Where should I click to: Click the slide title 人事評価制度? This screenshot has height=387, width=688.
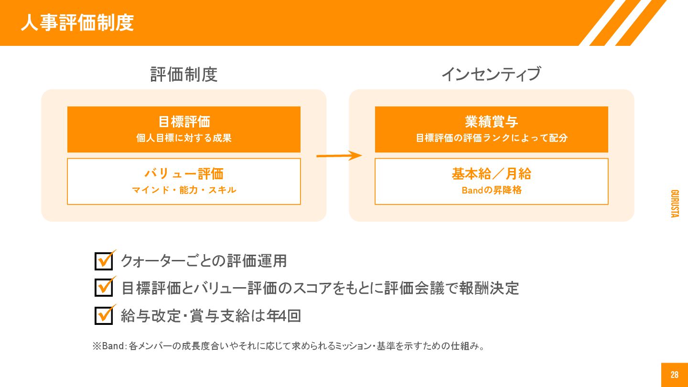(77, 23)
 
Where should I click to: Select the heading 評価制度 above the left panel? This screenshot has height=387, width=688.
(184, 75)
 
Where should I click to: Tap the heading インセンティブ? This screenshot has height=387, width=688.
(491, 75)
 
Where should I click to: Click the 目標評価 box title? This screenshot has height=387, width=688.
(184, 122)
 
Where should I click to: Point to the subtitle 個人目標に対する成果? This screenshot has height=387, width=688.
(184, 138)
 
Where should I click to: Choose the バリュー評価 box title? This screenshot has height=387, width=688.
(184, 173)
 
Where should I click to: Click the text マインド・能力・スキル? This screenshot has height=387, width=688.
(184, 190)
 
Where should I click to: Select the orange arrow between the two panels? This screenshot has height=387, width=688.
(338, 155)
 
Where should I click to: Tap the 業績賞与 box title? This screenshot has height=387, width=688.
(491, 122)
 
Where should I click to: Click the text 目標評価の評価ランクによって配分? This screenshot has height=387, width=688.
(491, 138)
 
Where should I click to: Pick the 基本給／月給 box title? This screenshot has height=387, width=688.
(491, 173)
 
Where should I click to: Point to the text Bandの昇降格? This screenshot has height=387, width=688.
(491, 190)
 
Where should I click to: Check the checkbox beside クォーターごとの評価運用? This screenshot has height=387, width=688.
(104, 261)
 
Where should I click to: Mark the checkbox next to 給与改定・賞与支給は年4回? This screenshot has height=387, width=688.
(104, 315)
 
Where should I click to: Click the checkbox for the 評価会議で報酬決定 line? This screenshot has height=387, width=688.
(104, 288)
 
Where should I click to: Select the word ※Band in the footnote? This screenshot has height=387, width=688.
(108, 346)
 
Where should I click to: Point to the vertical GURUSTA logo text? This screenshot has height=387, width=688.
(675, 204)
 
